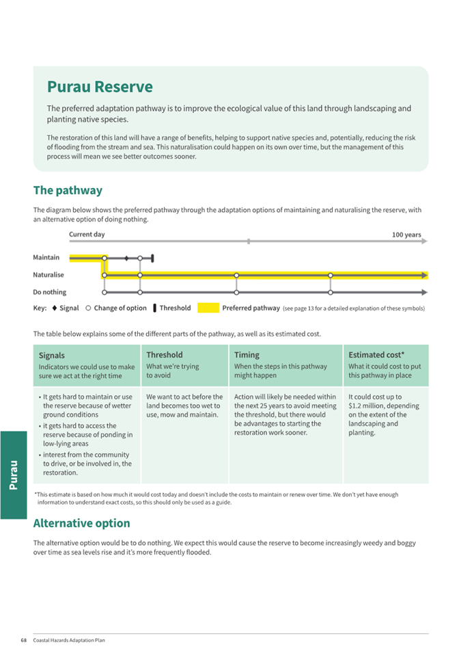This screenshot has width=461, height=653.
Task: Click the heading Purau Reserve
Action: point(100,88)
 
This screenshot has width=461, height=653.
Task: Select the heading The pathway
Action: point(68,190)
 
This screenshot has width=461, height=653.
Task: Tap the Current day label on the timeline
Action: point(87,235)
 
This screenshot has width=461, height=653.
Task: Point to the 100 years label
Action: point(406,235)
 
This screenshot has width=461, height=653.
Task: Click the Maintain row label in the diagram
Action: point(46,258)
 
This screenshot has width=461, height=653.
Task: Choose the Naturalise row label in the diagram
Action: point(48,275)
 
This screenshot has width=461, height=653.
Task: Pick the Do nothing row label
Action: point(50,292)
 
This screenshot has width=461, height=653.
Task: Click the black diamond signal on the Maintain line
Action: point(126,258)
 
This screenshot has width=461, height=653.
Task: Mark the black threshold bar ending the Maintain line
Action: point(152,258)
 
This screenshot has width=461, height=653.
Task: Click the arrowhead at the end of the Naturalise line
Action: point(425,275)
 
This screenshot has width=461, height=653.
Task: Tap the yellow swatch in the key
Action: point(208,308)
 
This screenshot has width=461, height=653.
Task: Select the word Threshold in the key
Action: point(175,308)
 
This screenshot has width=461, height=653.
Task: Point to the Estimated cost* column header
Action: point(376,355)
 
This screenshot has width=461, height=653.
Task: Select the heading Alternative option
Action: point(81,523)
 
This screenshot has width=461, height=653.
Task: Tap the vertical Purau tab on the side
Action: point(14,475)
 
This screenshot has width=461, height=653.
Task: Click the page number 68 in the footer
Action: point(23,641)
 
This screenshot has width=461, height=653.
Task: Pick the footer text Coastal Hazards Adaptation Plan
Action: point(69,641)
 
